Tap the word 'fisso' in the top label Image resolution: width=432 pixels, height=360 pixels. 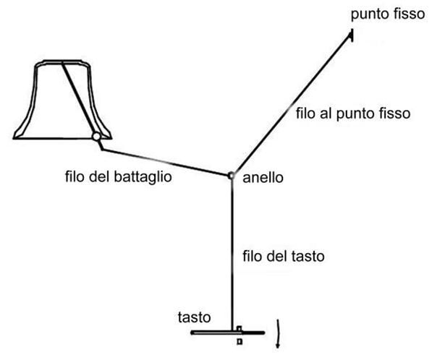(x=411, y=14)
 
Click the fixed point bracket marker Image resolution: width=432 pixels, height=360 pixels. (x=351, y=35)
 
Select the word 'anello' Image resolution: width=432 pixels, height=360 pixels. (x=263, y=178)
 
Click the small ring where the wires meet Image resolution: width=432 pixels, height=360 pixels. (x=231, y=175)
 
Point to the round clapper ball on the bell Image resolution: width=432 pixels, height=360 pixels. (x=96, y=137)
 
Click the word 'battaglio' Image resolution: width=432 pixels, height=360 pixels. (x=143, y=177)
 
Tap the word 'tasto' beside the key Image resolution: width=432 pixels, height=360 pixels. (x=194, y=317)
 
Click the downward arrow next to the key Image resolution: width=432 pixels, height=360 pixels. (x=279, y=333)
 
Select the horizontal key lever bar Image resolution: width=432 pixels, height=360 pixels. (x=227, y=333)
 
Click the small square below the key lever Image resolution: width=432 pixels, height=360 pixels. (x=240, y=341)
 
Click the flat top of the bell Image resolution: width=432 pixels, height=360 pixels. (x=62, y=61)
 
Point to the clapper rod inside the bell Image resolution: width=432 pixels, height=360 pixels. (x=79, y=97)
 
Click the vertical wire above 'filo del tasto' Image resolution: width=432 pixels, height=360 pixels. (x=232, y=253)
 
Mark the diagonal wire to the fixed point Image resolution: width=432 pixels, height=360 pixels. (x=292, y=104)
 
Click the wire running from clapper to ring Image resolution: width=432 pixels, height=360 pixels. (x=165, y=162)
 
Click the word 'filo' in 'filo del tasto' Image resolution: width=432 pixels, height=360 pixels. (x=251, y=256)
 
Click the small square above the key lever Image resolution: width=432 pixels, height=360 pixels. (x=239, y=328)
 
